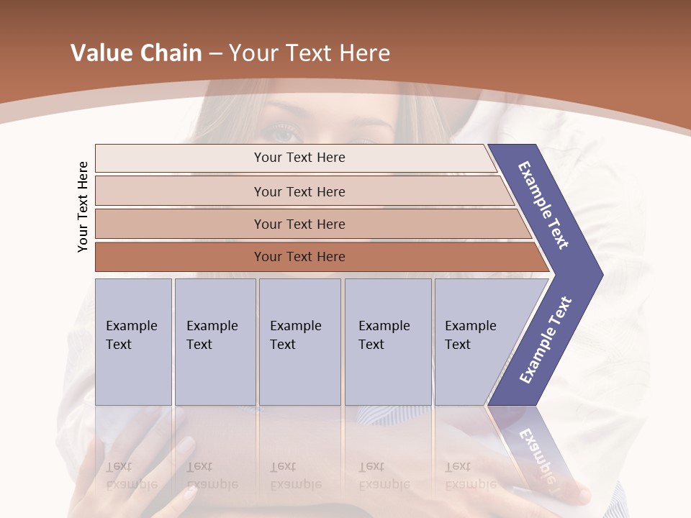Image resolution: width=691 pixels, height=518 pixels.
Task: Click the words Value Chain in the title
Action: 136,53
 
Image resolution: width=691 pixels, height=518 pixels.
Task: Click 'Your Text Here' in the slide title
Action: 310,53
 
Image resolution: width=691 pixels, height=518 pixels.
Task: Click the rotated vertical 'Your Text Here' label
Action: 83,206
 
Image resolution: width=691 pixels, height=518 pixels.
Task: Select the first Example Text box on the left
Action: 133,342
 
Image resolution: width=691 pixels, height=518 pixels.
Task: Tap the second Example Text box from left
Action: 214,342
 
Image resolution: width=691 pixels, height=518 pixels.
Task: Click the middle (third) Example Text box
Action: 299,342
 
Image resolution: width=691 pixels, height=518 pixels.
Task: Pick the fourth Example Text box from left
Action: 387,342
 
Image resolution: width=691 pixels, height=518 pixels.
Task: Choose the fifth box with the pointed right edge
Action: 475,342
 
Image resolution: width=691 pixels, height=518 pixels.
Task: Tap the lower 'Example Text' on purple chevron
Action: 545,340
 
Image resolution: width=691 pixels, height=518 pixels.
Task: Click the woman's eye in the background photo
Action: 282,133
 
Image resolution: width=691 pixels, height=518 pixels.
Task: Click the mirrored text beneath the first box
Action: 131,476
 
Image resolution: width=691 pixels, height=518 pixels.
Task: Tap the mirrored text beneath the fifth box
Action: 470,476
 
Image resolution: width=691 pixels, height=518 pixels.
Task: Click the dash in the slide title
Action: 215,54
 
